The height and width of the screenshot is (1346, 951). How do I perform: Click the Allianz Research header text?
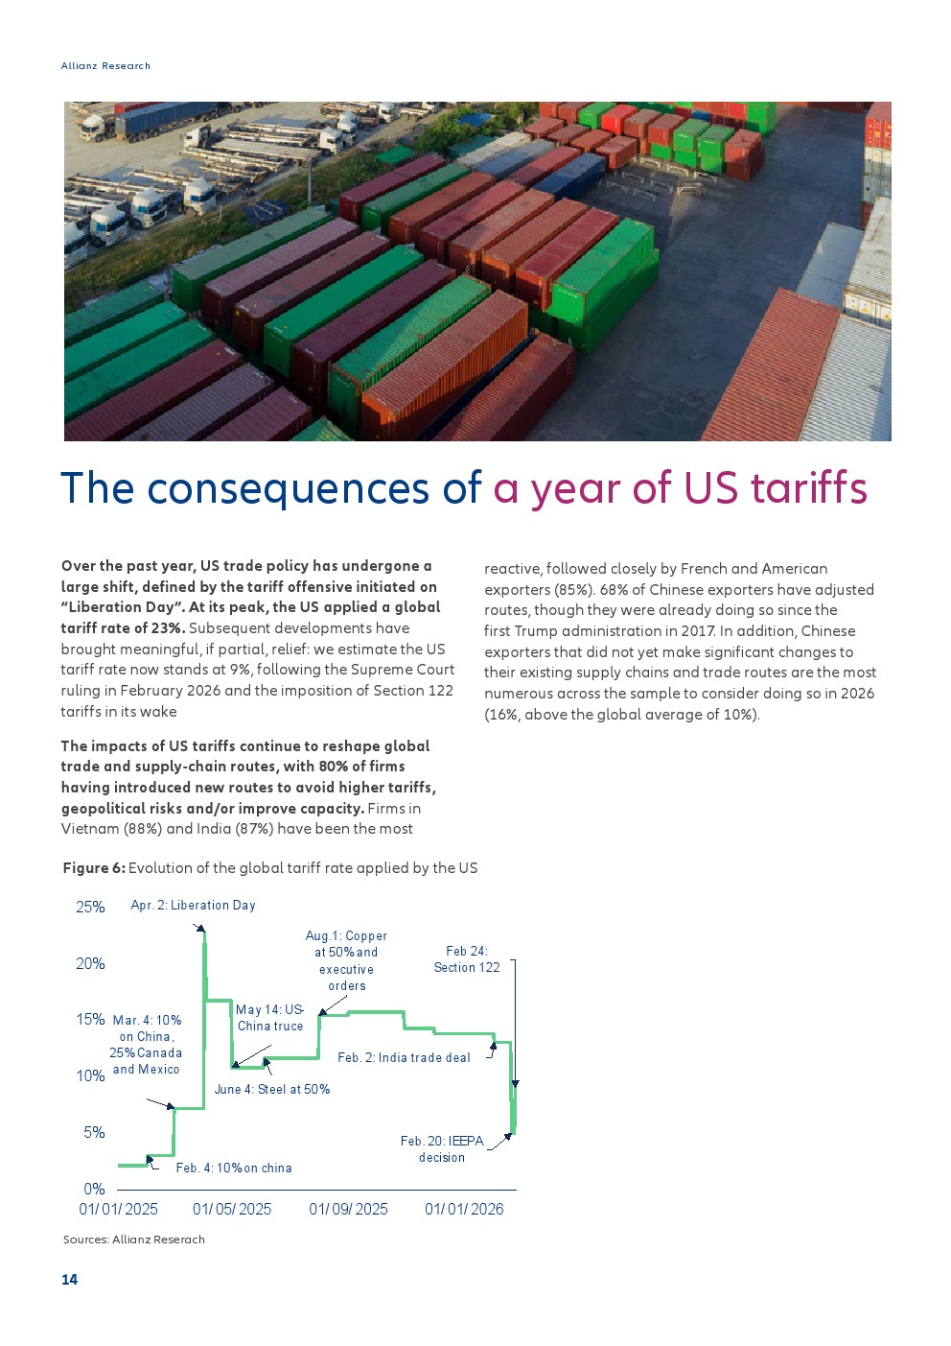pyautogui.click(x=105, y=65)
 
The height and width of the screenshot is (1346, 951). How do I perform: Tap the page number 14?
pyautogui.click(x=70, y=1279)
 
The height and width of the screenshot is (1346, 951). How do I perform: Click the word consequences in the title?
pyautogui.click(x=288, y=488)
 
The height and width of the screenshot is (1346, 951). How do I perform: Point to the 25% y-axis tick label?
pyautogui.click(x=90, y=907)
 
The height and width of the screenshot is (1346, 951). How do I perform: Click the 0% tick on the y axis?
pyautogui.click(x=94, y=1189)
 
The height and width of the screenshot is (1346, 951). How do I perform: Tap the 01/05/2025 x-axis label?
pyautogui.click(x=232, y=1209)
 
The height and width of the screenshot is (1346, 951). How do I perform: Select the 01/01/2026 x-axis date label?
pyautogui.click(x=464, y=1209)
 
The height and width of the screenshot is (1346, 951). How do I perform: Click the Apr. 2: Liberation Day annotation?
pyautogui.click(x=193, y=905)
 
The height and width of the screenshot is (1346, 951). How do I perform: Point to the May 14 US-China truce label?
pyautogui.click(x=270, y=1017)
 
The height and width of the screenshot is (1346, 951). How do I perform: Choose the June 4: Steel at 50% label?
pyautogui.click(x=272, y=1089)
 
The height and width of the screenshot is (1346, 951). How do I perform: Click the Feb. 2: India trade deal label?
pyautogui.click(x=404, y=1057)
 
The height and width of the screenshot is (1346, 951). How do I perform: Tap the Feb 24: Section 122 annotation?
pyautogui.click(x=467, y=959)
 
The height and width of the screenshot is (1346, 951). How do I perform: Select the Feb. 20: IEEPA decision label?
pyautogui.click(x=442, y=1149)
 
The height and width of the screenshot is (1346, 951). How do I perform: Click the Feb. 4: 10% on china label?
pyautogui.click(x=234, y=1168)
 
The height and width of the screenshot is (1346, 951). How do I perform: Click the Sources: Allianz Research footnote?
pyautogui.click(x=134, y=1240)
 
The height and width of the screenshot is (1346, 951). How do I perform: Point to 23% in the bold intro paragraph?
pyautogui.click(x=168, y=628)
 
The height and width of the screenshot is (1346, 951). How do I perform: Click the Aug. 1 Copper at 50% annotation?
pyautogui.click(x=346, y=960)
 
